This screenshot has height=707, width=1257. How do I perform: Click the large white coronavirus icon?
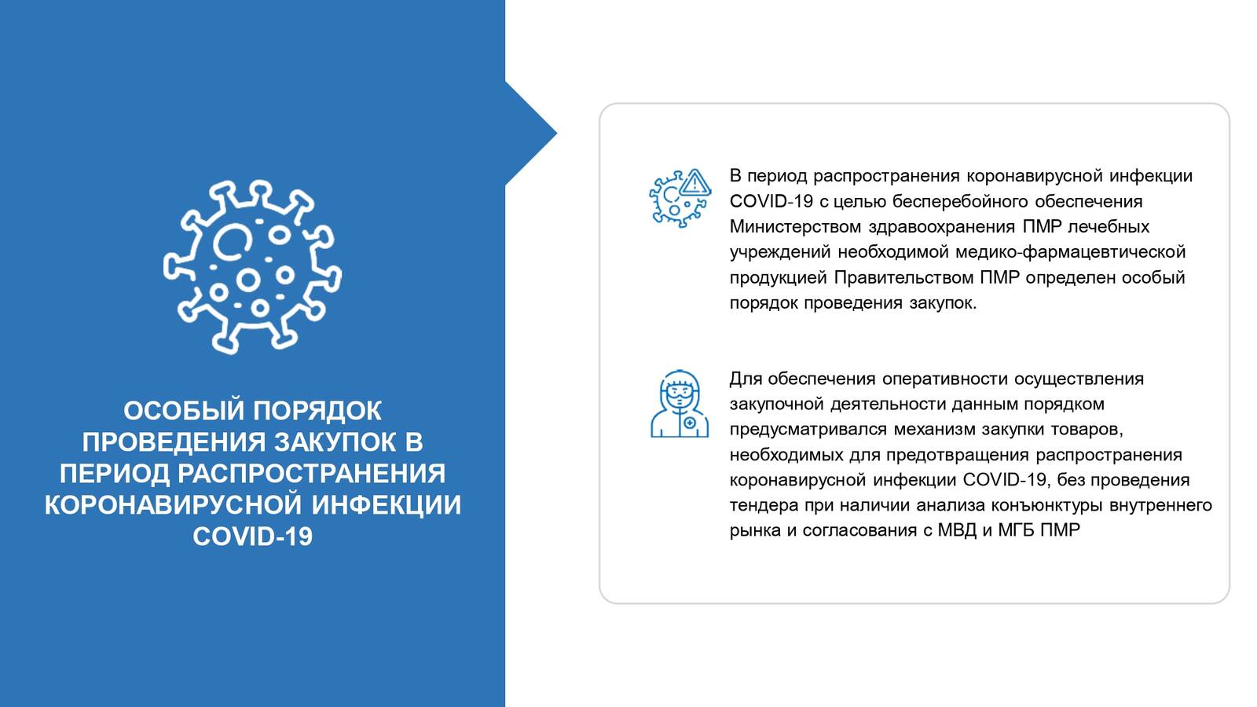(252, 267)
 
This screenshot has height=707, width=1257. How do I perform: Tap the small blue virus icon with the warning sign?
(680, 198)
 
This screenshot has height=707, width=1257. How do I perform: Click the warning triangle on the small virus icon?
(695, 183)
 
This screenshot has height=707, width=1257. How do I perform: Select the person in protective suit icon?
(680, 404)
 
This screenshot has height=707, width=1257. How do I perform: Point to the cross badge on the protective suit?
(691, 423)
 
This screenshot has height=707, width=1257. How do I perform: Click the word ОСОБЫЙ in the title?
(184, 411)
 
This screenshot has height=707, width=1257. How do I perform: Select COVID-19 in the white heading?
(252, 537)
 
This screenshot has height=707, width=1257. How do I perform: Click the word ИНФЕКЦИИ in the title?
(386, 505)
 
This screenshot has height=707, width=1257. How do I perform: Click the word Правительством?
(904, 278)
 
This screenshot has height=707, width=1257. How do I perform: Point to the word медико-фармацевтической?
(1070, 252)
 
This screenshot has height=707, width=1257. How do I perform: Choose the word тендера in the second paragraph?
(764, 506)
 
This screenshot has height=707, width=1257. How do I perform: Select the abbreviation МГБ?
(1016, 530)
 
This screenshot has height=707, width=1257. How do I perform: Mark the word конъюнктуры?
(1047, 506)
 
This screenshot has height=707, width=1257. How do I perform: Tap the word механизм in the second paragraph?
(934, 430)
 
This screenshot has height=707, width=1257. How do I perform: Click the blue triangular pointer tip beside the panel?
(557, 134)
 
